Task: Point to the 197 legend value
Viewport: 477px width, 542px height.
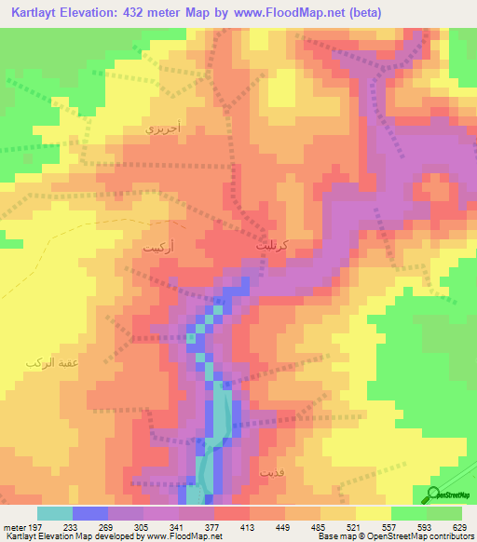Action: coord(36,526)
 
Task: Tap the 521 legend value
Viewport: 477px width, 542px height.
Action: coord(355,526)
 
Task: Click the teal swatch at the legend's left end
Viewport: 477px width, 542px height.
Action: coord(54,513)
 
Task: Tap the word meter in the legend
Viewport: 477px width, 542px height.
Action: coord(13,526)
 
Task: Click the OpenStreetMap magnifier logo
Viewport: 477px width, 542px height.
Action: coord(434,494)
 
